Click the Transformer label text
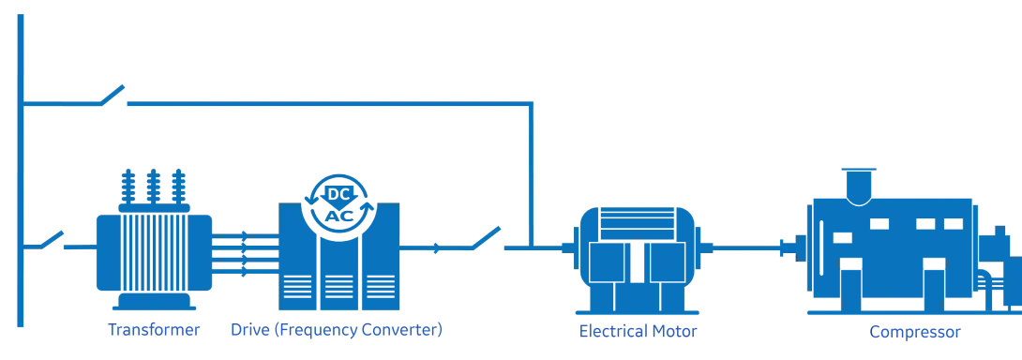click(x=154, y=329)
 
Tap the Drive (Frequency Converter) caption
click(x=337, y=329)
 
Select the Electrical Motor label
click(x=639, y=331)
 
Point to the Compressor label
click(x=915, y=332)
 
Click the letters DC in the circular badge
click(x=338, y=194)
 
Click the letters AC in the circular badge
click(x=338, y=216)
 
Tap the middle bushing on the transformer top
click(x=153, y=187)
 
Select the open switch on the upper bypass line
click(x=113, y=96)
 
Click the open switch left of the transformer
click(x=53, y=240)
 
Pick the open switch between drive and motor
click(x=487, y=238)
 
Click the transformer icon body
click(x=154, y=252)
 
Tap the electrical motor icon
click(x=637, y=259)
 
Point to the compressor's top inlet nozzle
click(x=859, y=187)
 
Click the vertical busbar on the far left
click(x=21, y=171)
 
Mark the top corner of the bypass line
click(x=532, y=104)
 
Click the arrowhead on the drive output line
click(x=437, y=247)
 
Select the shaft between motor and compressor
click(x=747, y=247)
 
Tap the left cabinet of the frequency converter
click(x=298, y=256)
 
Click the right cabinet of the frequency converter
click(x=381, y=256)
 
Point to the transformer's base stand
click(x=154, y=301)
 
